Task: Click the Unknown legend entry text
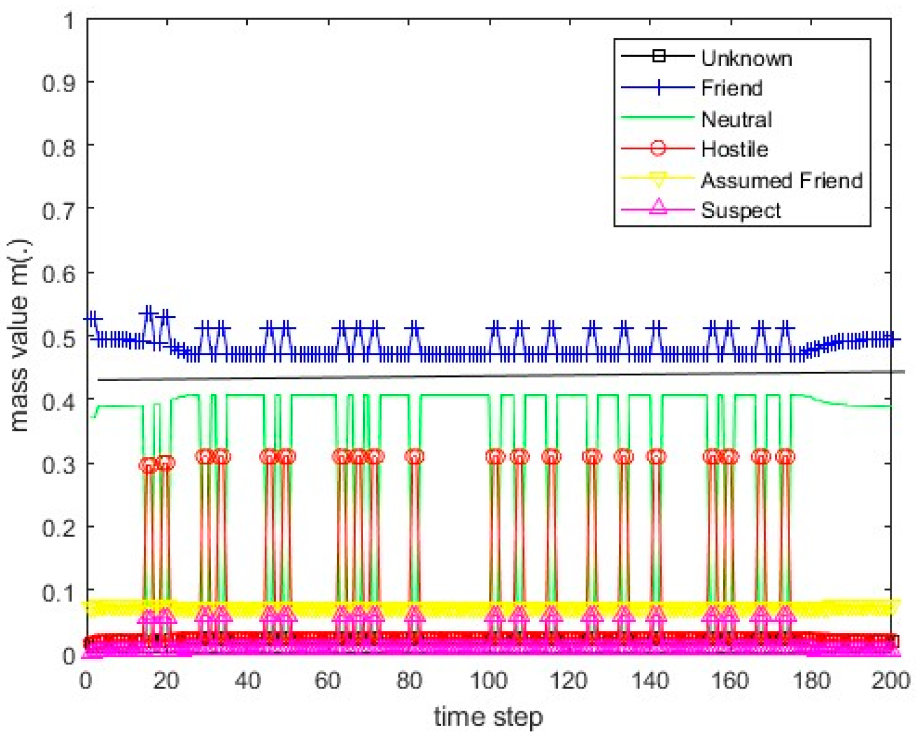point(746,58)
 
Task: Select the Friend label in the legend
point(732,88)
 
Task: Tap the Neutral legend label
point(736,119)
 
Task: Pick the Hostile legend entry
point(734,149)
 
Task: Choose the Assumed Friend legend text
point(781,181)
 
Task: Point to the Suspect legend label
point(740,210)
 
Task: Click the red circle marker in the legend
point(658,148)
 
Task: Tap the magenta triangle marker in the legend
point(658,207)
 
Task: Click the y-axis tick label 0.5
point(59,338)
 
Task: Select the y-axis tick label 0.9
point(59,83)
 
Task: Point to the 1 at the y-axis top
point(69,21)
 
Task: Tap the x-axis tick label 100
point(488,680)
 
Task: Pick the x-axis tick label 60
point(327,680)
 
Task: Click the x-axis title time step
point(488,717)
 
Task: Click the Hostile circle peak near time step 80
point(414,456)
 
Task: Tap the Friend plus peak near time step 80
point(414,328)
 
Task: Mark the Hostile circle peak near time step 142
point(656,456)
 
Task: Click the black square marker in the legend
point(658,56)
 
